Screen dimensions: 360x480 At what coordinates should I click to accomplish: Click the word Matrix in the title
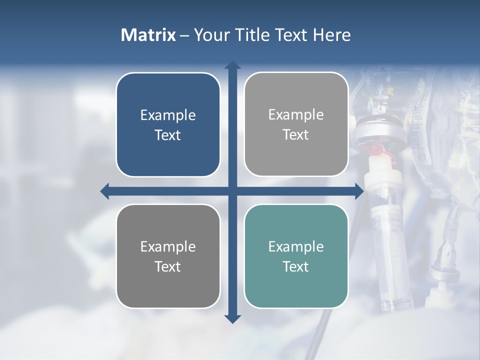tap(148, 35)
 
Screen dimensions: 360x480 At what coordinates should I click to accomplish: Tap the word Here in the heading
tap(331, 35)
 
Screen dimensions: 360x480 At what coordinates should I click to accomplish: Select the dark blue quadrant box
tap(168, 124)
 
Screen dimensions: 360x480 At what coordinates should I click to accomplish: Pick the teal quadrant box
tap(296, 256)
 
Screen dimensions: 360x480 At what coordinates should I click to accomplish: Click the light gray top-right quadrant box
tap(296, 124)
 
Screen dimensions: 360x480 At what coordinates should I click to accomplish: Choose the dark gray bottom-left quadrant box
tap(168, 256)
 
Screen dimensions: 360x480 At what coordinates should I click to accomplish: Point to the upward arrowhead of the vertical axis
tap(232, 65)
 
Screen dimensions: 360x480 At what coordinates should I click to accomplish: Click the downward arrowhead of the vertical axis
tap(232, 318)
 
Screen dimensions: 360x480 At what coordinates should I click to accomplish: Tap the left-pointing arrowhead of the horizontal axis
tap(105, 191)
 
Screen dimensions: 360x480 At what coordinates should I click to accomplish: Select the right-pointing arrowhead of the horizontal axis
tap(359, 191)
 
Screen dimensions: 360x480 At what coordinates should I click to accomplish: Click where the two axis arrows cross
tap(232, 191)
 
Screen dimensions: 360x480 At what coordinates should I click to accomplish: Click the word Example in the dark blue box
tap(168, 115)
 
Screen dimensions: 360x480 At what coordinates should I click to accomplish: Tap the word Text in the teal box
tap(296, 266)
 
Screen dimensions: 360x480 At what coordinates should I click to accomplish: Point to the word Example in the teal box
tap(296, 246)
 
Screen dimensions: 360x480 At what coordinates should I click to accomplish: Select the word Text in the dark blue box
tap(168, 135)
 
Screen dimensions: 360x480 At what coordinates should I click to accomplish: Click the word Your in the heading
tap(211, 35)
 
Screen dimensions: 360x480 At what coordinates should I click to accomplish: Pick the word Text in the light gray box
tap(296, 134)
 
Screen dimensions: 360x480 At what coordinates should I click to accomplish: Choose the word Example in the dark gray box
tap(168, 246)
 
